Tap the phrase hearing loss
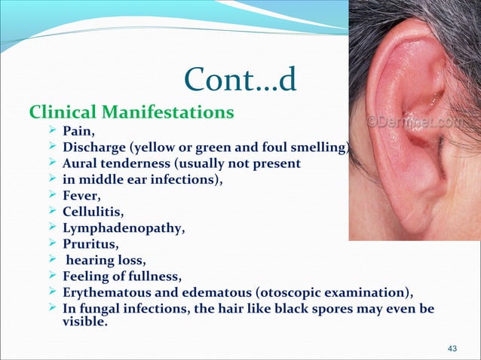pos(102,257)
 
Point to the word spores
pos(310,304)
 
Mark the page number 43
pos(453,348)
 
